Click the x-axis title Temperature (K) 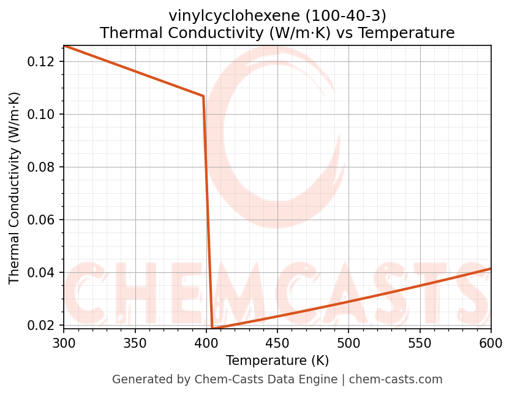[277, 360]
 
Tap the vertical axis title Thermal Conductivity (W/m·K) [15, 188]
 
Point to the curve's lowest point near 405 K [213, 329]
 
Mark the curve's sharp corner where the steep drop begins [203, 96]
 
